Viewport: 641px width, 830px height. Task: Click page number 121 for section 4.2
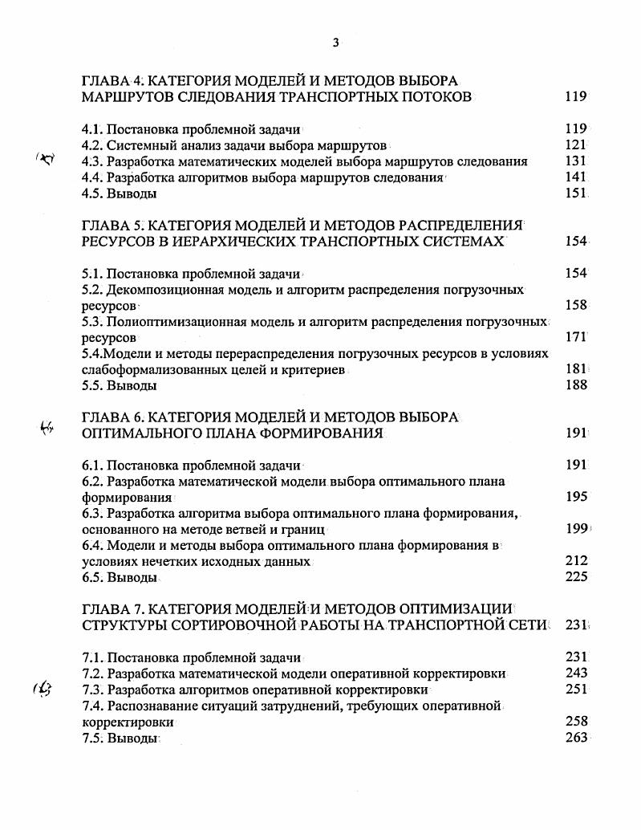click(576, 145)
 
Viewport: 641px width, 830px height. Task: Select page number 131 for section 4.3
click(576, 161)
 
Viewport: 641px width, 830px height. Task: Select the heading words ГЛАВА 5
click(112, 225)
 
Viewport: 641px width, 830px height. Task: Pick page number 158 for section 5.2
click(576, 305)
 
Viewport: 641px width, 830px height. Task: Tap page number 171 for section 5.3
click(576, 338)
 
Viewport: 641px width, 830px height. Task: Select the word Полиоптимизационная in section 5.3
click(175, 322)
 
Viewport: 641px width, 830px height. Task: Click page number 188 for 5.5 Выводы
click(576, 385)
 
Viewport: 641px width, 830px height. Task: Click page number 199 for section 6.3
click(576, 529)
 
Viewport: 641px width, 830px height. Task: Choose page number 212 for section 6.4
click(576, 561)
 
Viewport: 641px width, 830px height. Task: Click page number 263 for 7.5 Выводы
click(576, 738)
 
